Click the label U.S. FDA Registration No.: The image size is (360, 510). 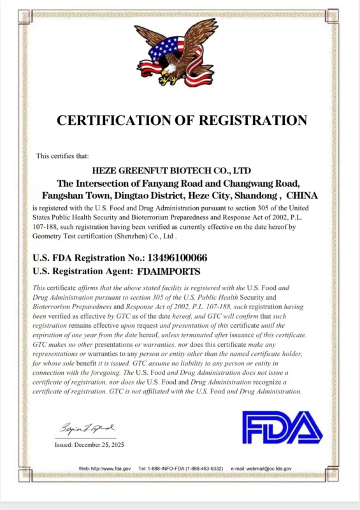pyautogui.click(x=88, y=258)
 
